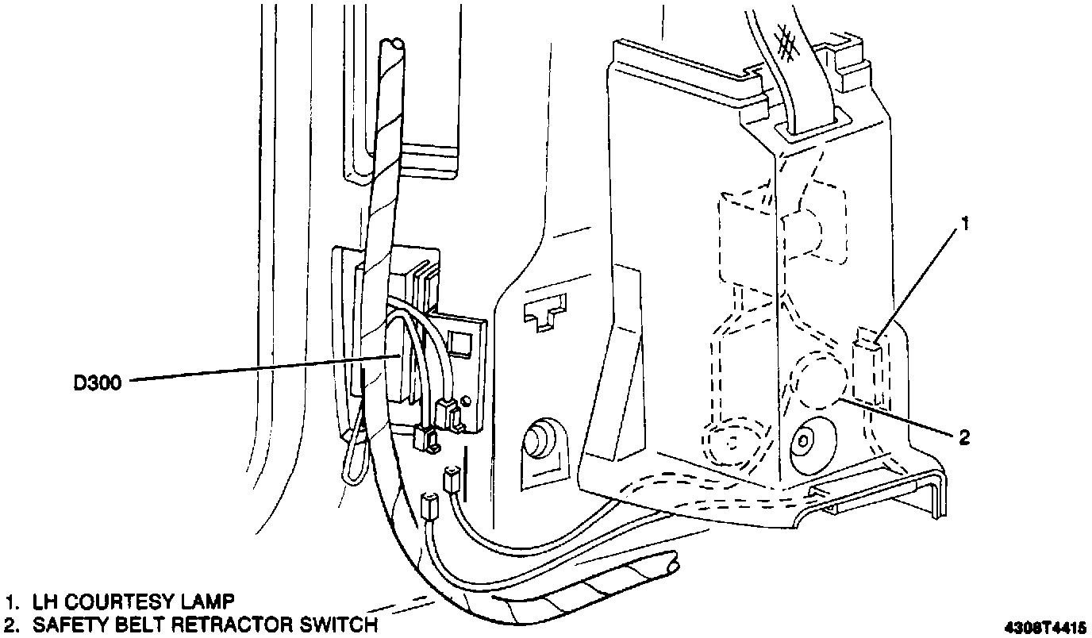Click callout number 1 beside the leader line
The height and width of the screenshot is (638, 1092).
point(964,225)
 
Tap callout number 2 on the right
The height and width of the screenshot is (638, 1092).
point(964,436)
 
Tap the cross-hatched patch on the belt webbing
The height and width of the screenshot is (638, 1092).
point(788,41)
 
